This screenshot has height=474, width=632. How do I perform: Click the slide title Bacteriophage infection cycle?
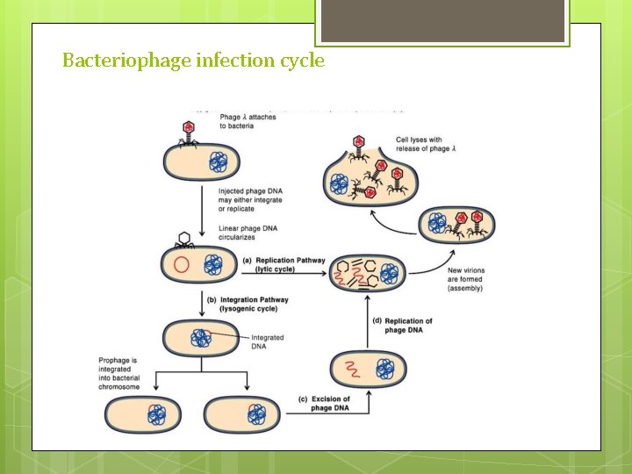193,61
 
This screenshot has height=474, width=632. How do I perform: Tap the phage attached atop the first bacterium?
190,133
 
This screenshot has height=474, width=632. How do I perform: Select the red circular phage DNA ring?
181,265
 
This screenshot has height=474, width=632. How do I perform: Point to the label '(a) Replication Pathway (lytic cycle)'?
283,265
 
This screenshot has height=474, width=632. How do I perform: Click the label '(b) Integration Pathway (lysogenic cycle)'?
248,305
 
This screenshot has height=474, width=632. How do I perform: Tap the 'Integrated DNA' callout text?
267,342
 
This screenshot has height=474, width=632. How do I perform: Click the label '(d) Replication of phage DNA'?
408,326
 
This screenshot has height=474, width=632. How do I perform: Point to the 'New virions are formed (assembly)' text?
465,279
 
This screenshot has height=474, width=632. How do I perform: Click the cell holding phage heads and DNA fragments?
367,274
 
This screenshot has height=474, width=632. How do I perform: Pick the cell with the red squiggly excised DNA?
368,368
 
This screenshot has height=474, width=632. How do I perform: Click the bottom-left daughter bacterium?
142,414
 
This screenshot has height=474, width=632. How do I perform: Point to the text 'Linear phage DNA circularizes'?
248,233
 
